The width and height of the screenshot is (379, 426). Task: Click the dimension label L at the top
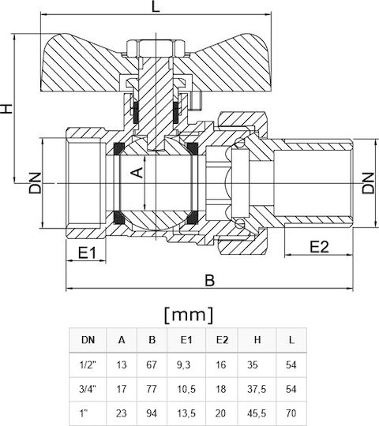click(x=156, y=7)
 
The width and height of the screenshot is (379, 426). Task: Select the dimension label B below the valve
click(x=209, y=280)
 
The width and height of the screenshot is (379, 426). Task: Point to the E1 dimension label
click(x=87, y=253)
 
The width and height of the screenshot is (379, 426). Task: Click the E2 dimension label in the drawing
click(x=319, y=247)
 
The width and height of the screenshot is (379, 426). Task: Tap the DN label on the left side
click(x=36, y=183)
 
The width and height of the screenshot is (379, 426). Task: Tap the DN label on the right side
click(x=368, y=183)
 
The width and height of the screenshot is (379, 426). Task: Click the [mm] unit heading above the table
click(x=189, y=315)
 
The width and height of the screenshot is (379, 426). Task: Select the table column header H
click(x=257, y=339)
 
